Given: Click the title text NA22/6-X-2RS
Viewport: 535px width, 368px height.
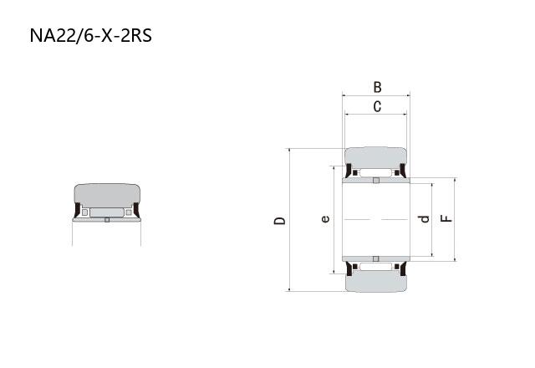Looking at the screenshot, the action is (x=91, y=35).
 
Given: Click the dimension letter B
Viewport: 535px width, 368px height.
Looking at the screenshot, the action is (x=377, y=87).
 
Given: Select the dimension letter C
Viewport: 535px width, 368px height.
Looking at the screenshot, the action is (x=377, y=106).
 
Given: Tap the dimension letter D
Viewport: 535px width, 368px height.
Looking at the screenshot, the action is (x=280, y=221).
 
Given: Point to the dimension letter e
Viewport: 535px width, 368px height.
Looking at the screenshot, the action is (x=325, y=219).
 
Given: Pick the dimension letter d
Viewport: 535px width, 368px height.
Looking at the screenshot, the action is (x=424, y=219).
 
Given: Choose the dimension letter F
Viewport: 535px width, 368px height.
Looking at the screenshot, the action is (x=446, y=218).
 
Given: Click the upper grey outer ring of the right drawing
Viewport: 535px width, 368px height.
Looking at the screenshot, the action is (x=375, y=157).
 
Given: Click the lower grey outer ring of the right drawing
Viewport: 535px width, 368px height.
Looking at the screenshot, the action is (x=375, y=282).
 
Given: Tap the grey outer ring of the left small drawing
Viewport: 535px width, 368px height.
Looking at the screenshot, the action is (x=107, y=195).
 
